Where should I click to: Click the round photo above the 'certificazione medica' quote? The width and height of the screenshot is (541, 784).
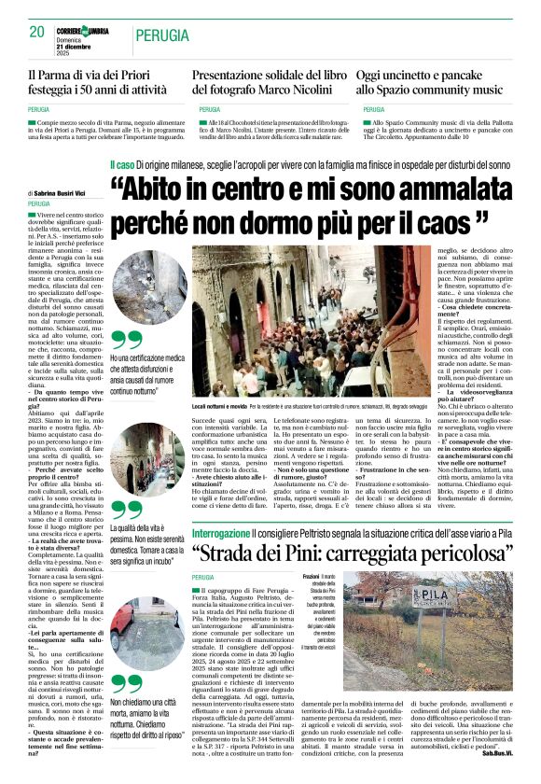tap(138, 287)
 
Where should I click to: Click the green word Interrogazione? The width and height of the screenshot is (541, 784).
tap(221, 507)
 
